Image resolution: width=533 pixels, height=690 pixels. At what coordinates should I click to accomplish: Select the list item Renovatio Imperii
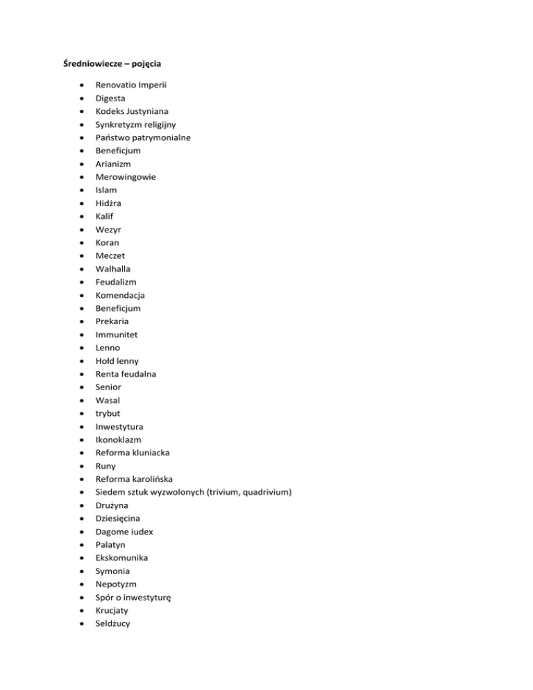click(130, 85)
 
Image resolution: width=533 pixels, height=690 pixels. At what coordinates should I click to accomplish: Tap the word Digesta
click(112, 99)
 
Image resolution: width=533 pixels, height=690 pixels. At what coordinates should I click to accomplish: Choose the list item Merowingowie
click(126, 177)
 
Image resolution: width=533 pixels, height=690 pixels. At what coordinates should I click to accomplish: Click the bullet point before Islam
click(83, 190)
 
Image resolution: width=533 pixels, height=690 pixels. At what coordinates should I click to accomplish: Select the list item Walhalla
click(113, 269)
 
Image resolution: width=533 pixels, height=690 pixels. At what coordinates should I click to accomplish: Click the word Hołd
click(107, 361)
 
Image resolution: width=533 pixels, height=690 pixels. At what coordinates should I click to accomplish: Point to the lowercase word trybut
click(108, 413)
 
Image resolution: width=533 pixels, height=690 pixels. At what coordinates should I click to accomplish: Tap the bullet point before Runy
click(83, 466)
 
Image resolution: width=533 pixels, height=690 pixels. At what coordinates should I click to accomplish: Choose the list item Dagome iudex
click(124, 532)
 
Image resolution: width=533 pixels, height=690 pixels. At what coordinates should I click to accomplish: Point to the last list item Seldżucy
click(113, 623)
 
